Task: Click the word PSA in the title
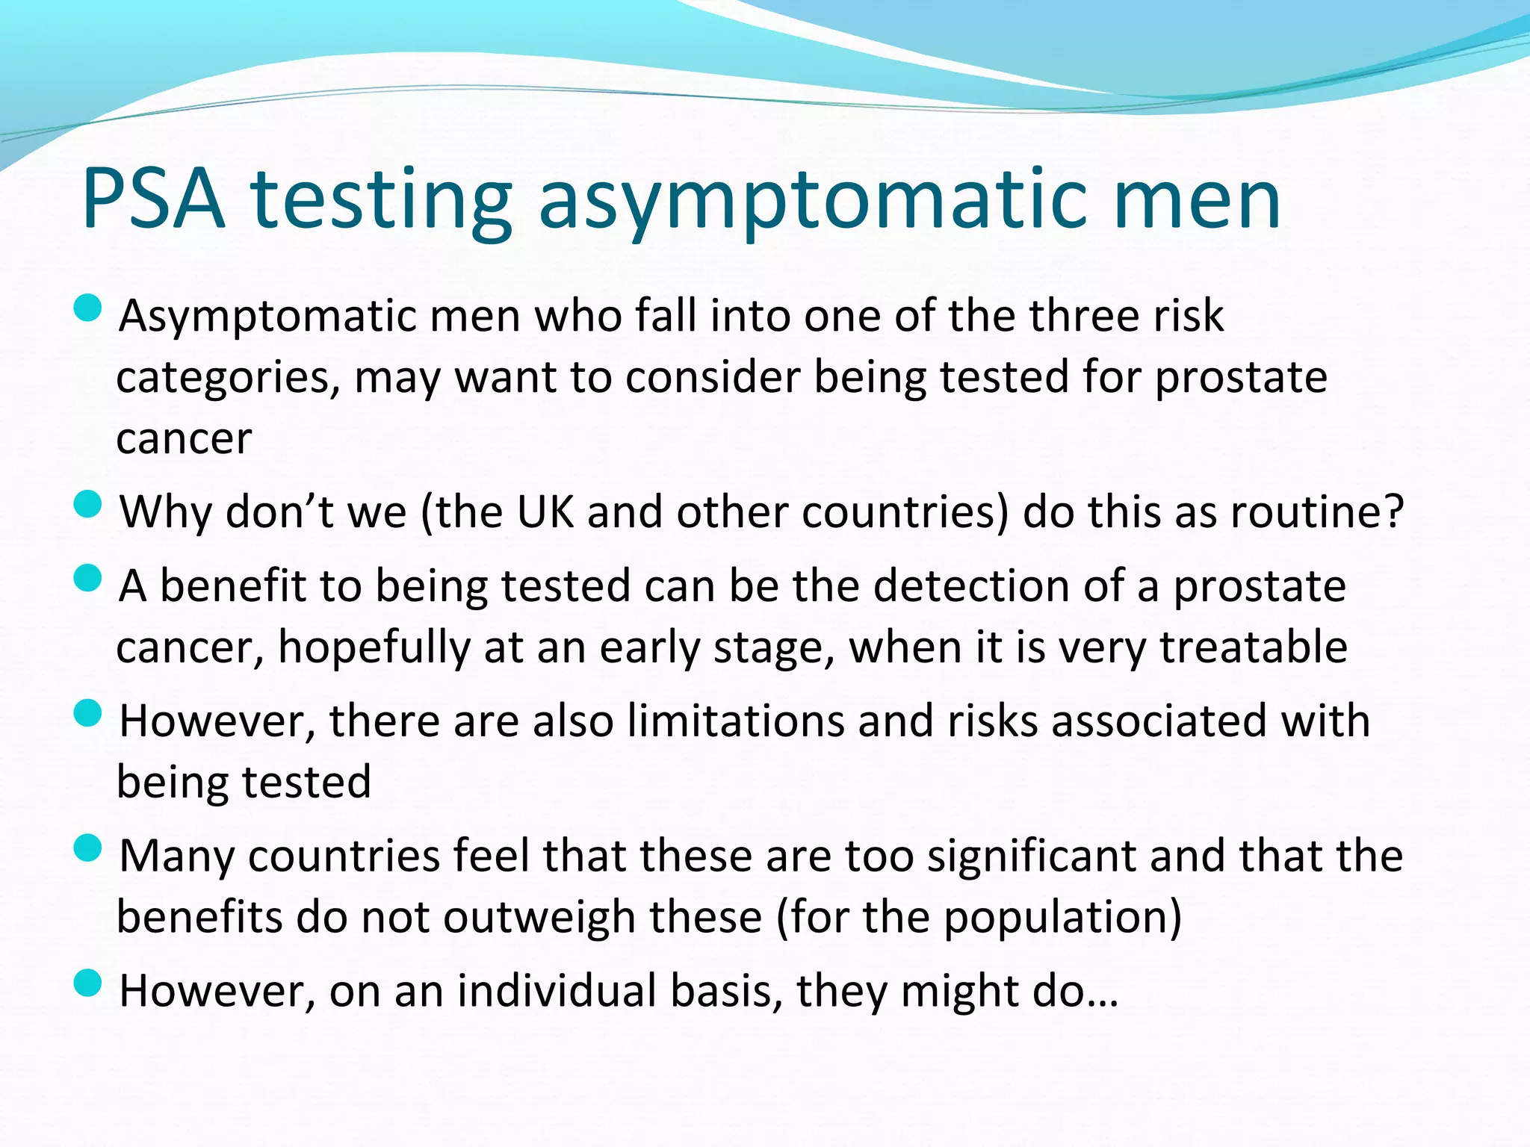point(154,199)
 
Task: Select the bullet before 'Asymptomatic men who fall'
point(88,308)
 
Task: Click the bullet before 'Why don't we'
point(88,504)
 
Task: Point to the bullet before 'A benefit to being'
point(88,577)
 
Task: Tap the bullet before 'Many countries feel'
point(88,848)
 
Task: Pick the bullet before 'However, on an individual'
point(88,983)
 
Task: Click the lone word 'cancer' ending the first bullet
point(184,438)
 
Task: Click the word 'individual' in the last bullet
point(556,992)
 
